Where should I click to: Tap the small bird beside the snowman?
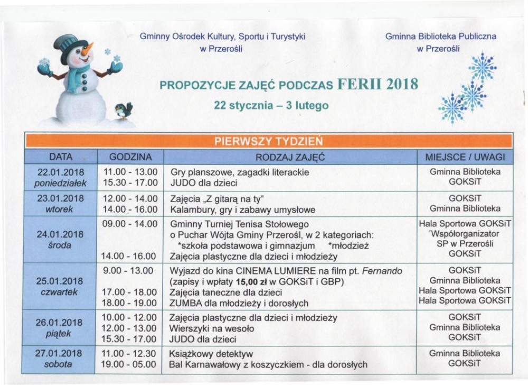click(x=124, y=110)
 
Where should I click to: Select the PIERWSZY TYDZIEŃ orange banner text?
click(x=268, y=141)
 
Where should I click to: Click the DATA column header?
click(x=60, y=157)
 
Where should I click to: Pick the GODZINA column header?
click(x=130, y=157)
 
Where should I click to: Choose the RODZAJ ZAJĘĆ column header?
click(x=290, y=157)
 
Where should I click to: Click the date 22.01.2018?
click(x=61, y=172)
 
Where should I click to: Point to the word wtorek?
click(x=61, y=209)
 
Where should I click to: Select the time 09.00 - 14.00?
click(x=130, y=224)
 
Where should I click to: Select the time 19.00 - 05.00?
click(x=130, y=364)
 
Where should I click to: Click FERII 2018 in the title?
click(x=377, y=85)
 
